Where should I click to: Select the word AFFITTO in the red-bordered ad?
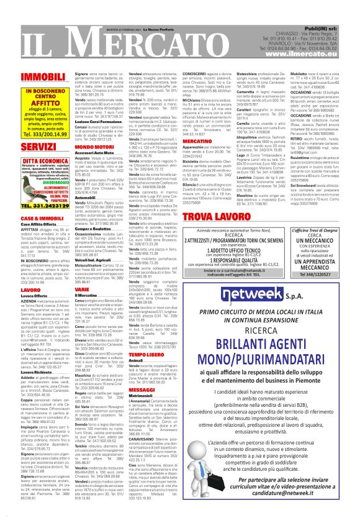(x=37, y=104)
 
